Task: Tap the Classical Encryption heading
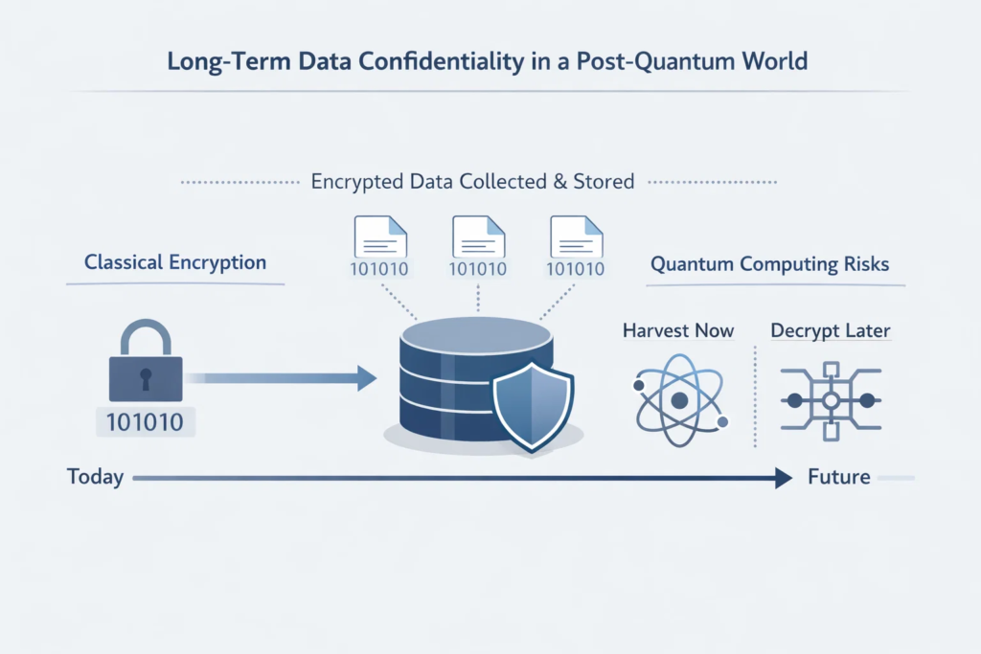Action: [175, 262]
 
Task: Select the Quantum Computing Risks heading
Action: [769, 264]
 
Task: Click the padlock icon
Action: [146, 361]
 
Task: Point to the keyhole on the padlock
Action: [146, 378]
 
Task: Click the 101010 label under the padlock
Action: [146, 422]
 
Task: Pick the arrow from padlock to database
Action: [281, 377]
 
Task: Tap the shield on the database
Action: [533, 406]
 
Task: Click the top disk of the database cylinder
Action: [477, 335]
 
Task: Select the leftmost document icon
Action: [380, 237]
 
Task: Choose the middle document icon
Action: [479, 237]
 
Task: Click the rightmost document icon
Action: [576, 237]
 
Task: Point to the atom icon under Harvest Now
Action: [680, 400]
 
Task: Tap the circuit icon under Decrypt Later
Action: [831, 401]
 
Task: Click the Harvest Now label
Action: [678, 330]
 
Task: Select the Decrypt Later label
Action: [831, 330]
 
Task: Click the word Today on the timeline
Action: [95, 477]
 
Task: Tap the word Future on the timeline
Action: [839, 477]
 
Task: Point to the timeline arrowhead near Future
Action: [784, 478]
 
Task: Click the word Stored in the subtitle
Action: [604, 182]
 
